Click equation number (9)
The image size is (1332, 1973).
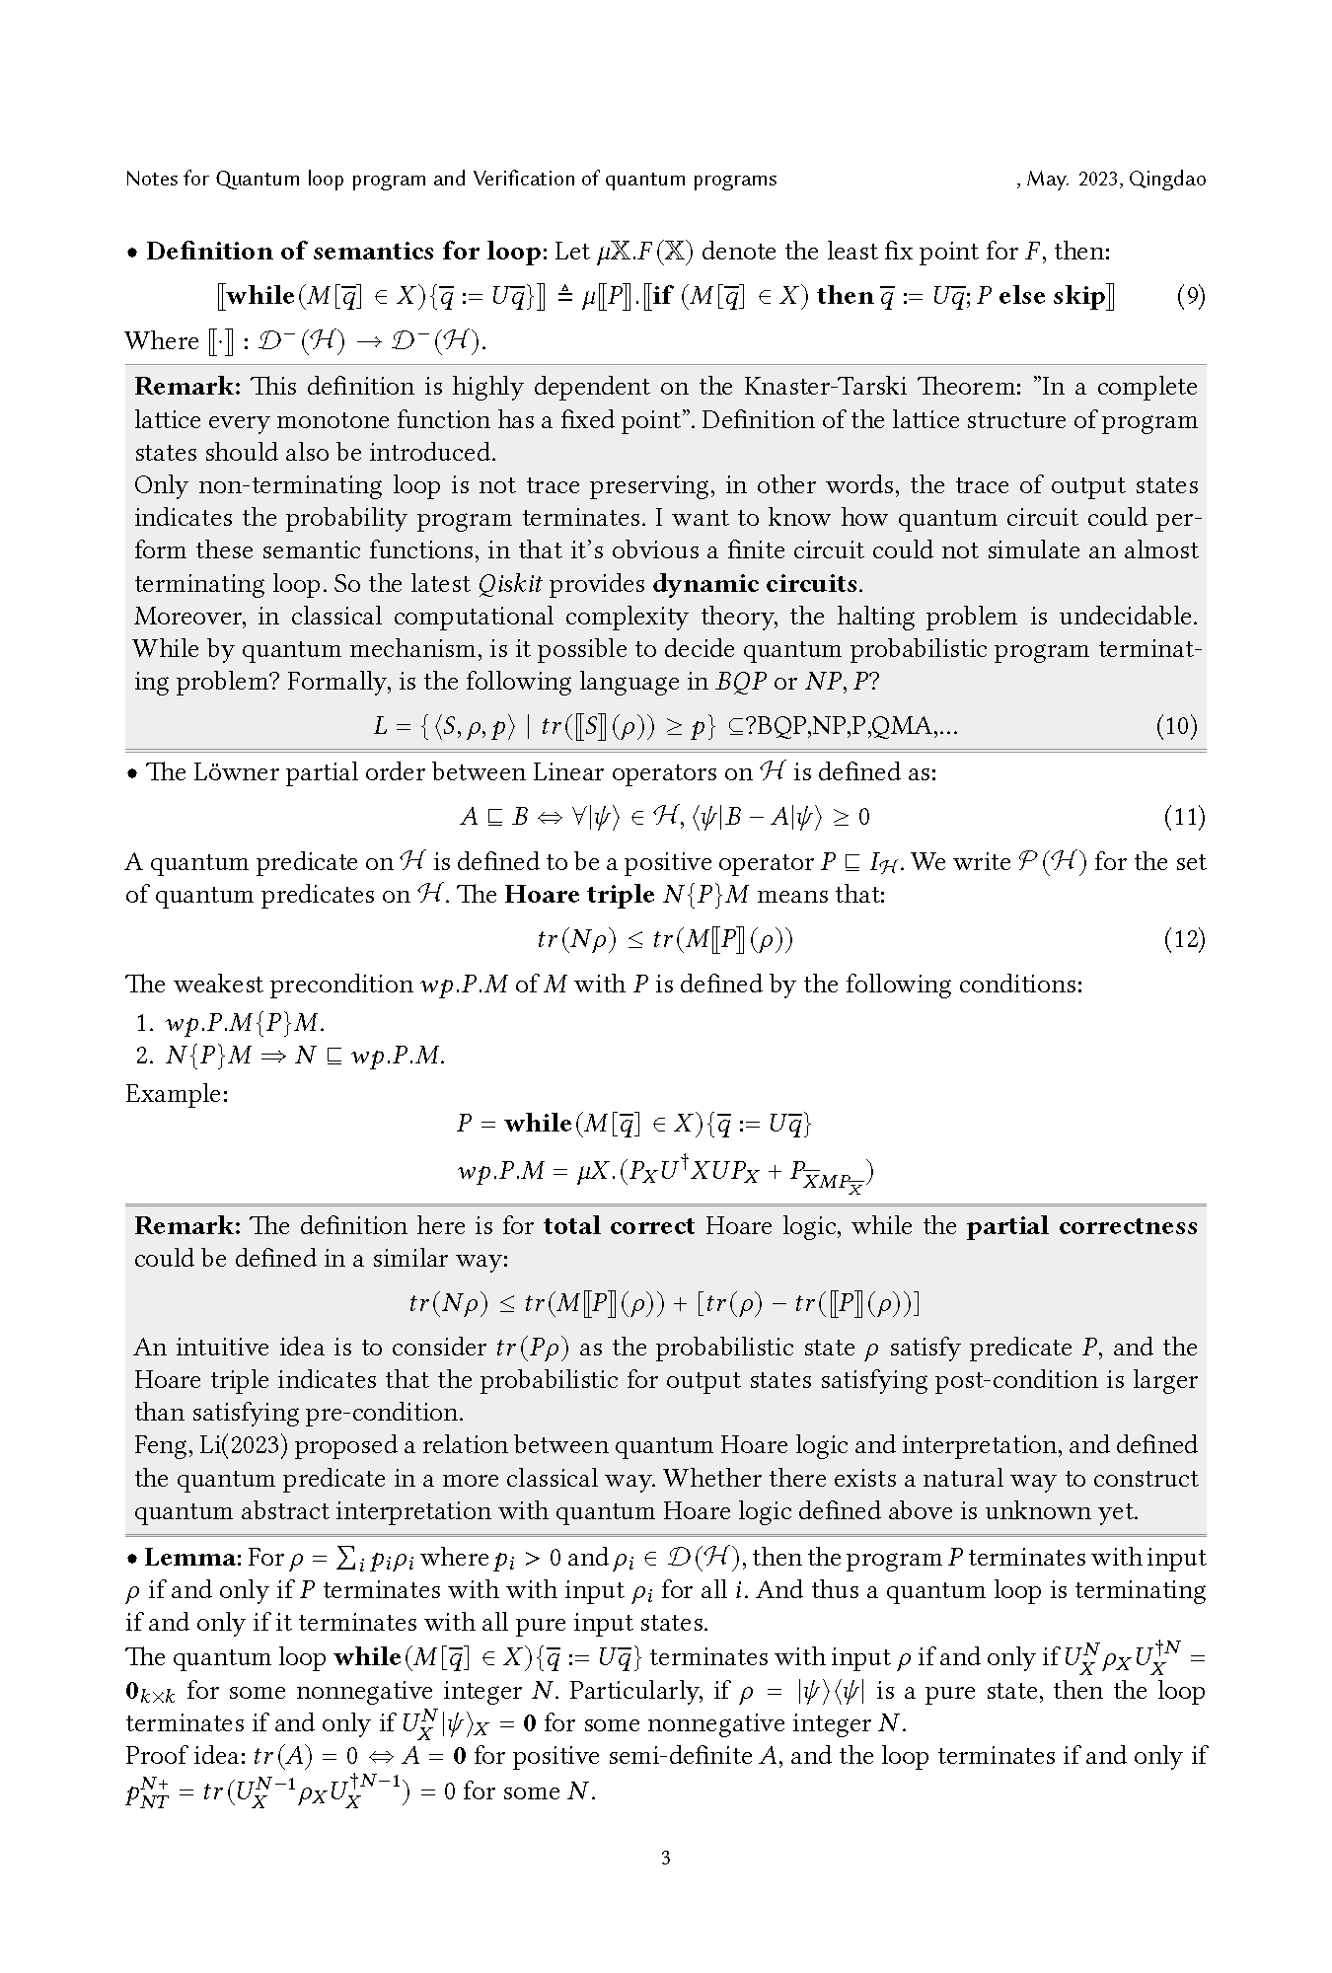click(x=1191, y=296)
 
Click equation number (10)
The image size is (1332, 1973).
click(x=1176, y=727)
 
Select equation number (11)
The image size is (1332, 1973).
click(x=1184, y=817)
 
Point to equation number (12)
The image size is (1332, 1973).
click(x=1184, y=939)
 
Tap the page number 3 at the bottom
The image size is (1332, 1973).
click(x=666, y=1859)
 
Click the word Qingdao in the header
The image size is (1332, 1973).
click(x=1167, y=180)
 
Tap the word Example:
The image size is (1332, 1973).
click(x=177, y=1094)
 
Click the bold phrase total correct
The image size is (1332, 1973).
click(x=619, y=1226)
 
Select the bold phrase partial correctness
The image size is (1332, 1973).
click(x=1081, y=1226)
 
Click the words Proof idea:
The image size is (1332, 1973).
click(x=186, y=1756)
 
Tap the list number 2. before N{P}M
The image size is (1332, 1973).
click(x=145, y=1057)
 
